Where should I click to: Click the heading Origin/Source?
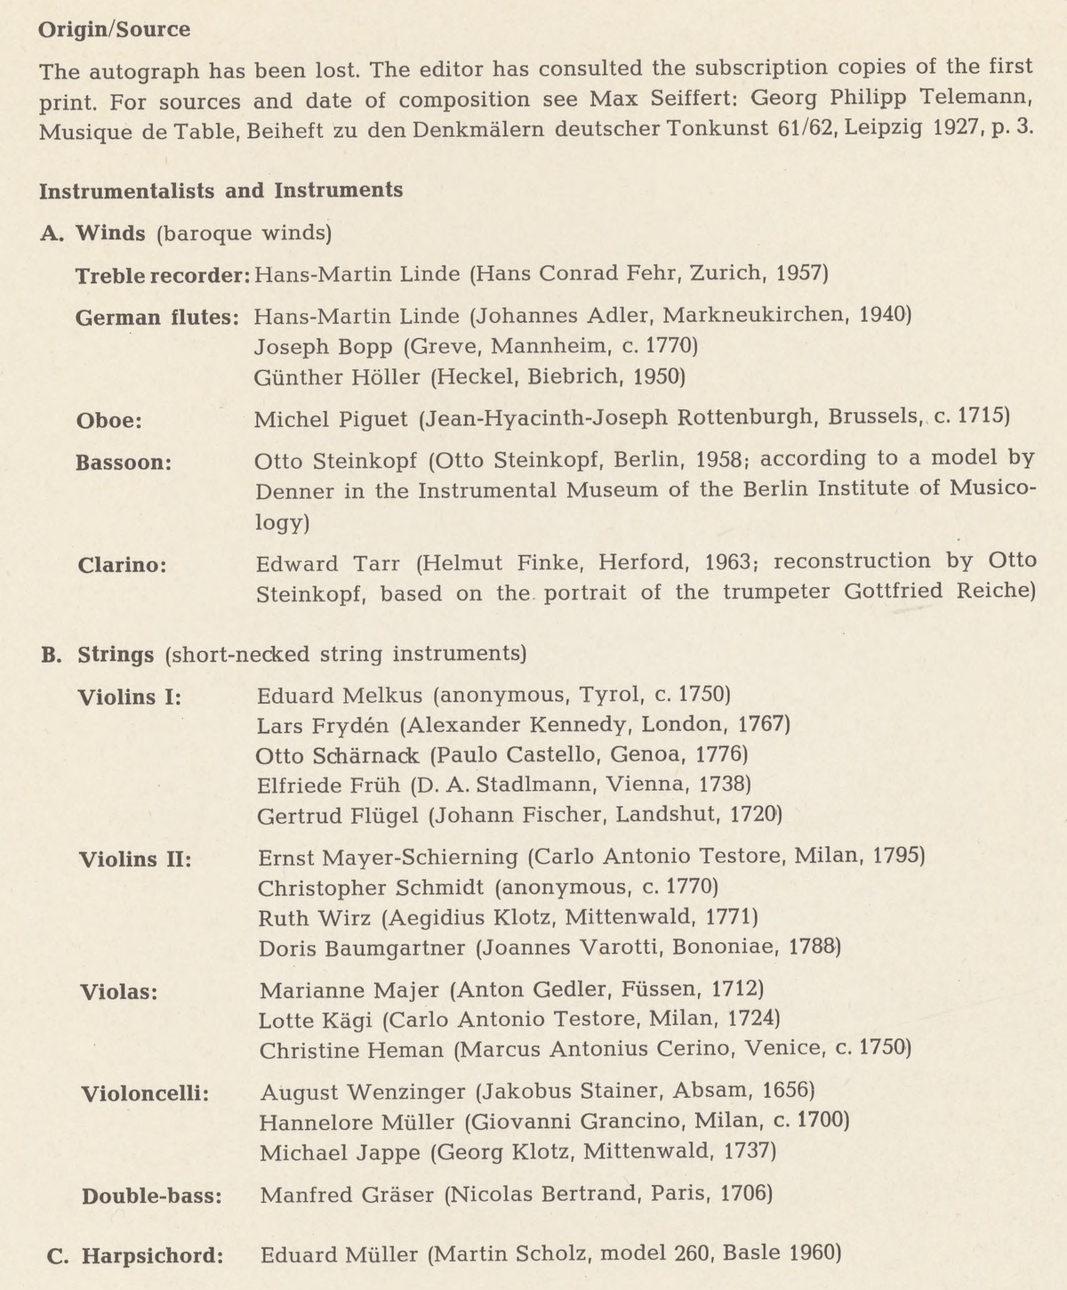114,29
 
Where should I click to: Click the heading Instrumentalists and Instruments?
221,190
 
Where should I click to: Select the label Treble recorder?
162,274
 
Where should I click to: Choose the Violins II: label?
136,859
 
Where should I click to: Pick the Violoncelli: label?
145,1092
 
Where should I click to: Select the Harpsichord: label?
152,1256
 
